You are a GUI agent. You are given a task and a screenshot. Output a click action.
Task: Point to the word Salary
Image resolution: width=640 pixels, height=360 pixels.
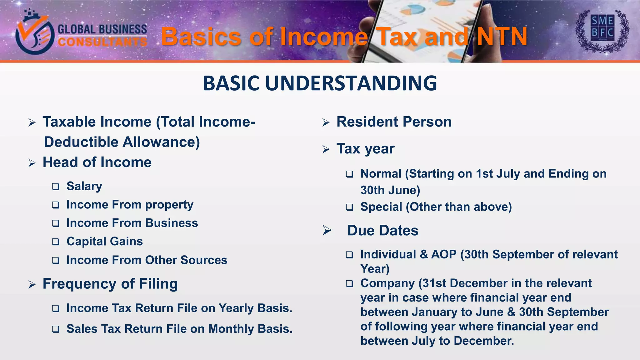[84, 186]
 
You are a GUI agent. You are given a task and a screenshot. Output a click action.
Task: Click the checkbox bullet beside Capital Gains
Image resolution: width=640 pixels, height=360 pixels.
[56, 242]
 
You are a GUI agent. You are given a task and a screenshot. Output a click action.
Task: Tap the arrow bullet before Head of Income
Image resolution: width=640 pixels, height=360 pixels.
[32, 163]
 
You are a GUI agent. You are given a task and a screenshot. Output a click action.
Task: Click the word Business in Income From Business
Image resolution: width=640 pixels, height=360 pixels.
[171, 223]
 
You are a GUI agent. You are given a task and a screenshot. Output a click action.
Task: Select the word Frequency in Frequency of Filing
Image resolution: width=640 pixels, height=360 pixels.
[80, 284]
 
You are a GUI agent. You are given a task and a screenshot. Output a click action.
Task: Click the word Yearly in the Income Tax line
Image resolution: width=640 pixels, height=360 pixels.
[236, 308]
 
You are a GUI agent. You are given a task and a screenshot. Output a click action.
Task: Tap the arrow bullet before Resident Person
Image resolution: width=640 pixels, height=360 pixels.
[326, 122]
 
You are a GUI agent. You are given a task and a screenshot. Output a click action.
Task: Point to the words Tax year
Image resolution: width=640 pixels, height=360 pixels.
[365, 149]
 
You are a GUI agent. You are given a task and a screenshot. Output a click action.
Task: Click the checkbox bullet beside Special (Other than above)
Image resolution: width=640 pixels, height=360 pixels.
[349, 207]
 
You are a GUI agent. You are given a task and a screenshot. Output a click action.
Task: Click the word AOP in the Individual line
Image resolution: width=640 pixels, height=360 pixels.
[444, 254]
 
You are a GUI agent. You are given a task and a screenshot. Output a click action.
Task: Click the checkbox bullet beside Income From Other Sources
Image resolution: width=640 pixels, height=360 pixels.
[56, 260]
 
